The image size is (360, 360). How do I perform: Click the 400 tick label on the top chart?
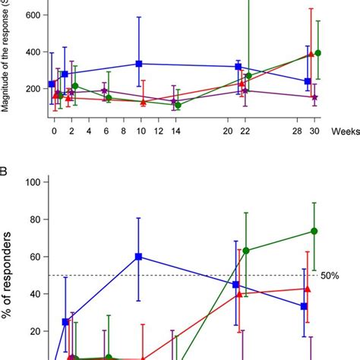pyautogui.click(x=31, y=52)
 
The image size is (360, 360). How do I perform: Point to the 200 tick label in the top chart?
pyautogui.click(x=31, y=89)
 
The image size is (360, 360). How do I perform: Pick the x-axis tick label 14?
pyautogui.click(x=176, y=132)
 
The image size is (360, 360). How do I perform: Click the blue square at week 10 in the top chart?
pyautogui.click(x=139, y=64)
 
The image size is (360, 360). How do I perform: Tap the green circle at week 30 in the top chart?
pyautogui.click(x=317, y=53)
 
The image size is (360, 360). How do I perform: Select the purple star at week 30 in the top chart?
pyautogui.click(x=314, y=97)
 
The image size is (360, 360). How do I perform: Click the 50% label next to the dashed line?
pyautogui.click(x=330, y=275)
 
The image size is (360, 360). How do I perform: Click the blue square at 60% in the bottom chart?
pyautogui.click(x=139, y=257)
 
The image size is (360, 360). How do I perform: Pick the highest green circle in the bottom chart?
pyautogui.click(x=314, y=231)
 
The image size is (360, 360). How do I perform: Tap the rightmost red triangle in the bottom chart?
pyautogui.click(x=307, y=289)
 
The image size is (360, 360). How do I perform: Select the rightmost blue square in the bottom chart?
pyautogui.click(x=304, y=306)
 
